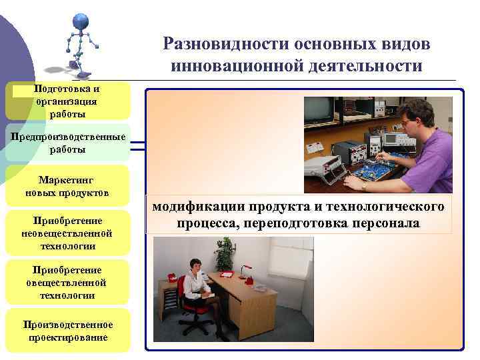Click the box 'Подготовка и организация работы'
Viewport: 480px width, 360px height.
(x=67, y=101)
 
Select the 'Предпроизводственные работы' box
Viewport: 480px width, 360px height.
(x=67, y=143)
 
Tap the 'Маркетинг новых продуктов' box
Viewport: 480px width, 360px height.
(x=67, y=186)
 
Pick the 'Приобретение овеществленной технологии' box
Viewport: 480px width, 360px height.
(x=67, y=282)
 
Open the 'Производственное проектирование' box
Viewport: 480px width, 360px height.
(x=67, y=331)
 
